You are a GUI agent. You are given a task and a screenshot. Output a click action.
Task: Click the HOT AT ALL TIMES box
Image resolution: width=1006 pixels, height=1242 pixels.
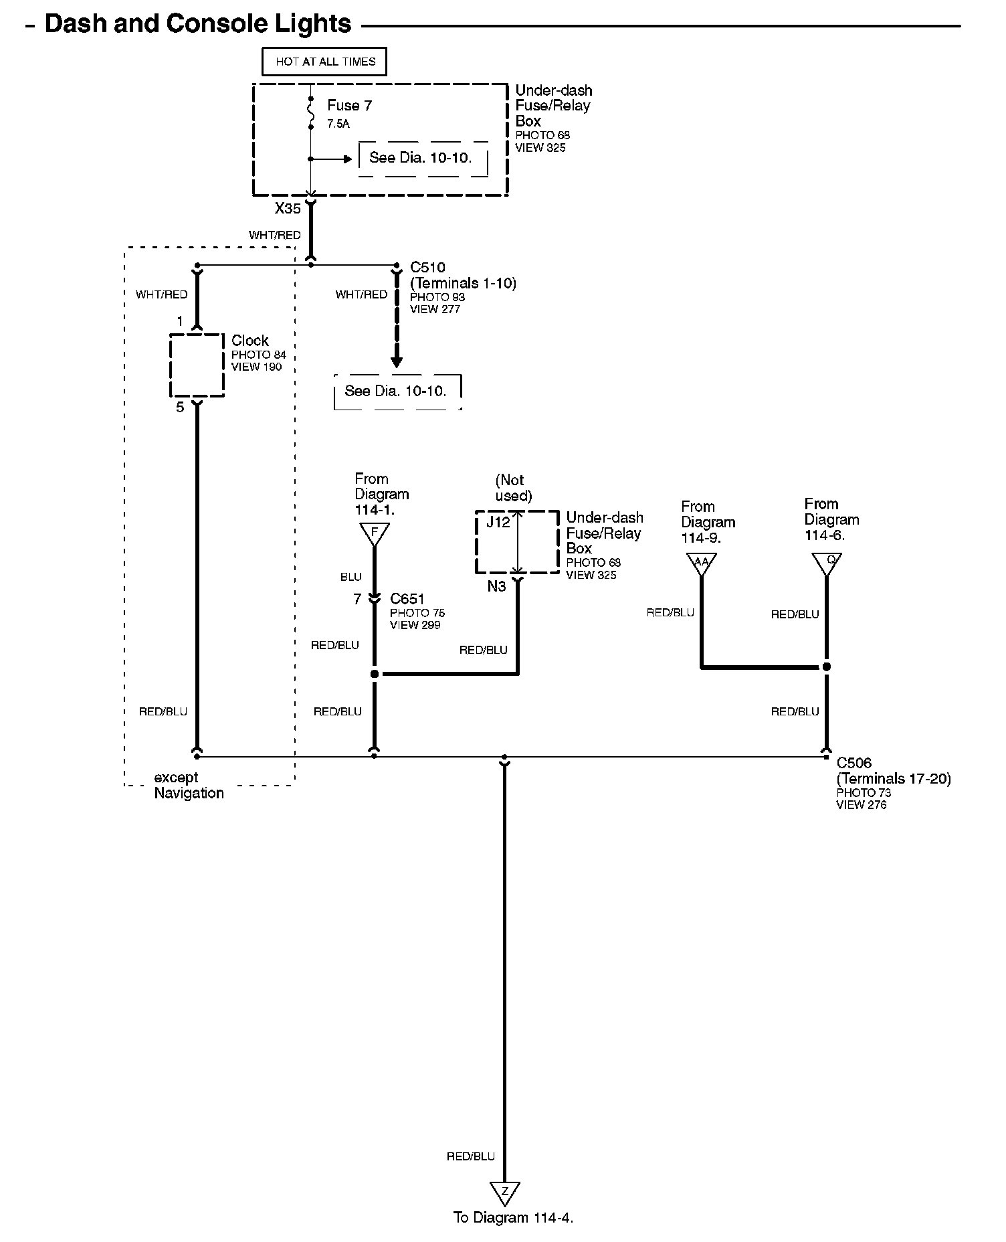click(x=324, y=62)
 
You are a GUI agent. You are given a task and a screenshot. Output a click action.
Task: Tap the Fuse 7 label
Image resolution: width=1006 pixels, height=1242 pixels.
click(x=349, y=106)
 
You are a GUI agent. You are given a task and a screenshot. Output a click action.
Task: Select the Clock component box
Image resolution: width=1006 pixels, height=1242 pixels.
click(x=197, y=365)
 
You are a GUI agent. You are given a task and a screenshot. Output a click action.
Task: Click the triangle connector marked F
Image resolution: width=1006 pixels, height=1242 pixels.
click(x=375, y=533)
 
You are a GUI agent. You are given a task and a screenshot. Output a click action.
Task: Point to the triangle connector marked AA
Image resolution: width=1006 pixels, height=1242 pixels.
click(x=701, y=562)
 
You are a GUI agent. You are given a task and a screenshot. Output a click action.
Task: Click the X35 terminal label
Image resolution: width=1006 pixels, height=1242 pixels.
click(x=288, y=209)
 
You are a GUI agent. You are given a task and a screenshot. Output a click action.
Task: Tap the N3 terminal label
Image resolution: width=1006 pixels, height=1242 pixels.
click(x=496, y=586)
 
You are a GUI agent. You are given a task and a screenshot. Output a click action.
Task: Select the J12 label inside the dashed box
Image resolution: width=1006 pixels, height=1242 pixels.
click(x=498, y=522)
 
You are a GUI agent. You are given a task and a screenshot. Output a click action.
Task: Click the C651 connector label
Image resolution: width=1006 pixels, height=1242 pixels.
click(x=407, y=599)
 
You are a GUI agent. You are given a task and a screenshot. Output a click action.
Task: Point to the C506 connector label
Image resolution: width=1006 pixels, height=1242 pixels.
click(x=854, y=763)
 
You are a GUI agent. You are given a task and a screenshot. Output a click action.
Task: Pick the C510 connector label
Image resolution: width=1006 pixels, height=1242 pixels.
click(x=427, y=268)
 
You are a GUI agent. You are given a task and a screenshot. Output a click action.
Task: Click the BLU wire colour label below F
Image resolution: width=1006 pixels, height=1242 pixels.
click(x=350, y=577)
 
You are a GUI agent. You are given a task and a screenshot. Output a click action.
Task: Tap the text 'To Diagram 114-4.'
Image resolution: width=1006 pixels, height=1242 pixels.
click(x=513, y=1218)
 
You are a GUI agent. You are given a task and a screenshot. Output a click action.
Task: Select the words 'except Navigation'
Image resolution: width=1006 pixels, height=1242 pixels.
click(x=189, y=786)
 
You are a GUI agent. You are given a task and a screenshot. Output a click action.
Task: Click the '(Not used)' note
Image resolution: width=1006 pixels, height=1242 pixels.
click(x=513, y=488)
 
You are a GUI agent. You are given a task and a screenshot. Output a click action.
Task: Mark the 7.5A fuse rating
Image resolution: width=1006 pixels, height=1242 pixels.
click(x=338, y=124)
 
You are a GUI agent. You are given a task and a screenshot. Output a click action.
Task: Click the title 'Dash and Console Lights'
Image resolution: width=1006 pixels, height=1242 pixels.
click(x=197, y=24)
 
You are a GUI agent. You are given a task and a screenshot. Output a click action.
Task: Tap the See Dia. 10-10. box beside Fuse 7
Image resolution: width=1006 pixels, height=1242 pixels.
click(x=421, y=158)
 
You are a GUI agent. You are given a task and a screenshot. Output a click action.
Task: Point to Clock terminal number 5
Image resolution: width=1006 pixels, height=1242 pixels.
click(x=180, y=407)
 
